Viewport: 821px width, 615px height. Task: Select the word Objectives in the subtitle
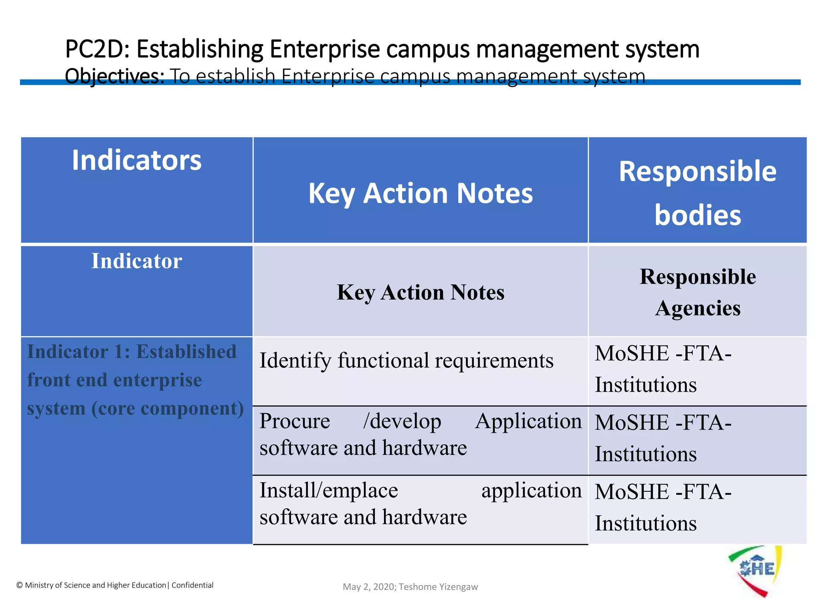pos(114,76)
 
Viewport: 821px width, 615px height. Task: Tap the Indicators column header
pos(137,161)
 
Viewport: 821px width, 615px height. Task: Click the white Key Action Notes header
pos(420,193)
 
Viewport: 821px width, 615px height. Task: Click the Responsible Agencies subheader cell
pos(697,292)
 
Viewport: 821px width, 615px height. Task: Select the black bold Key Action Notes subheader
pos(420,292)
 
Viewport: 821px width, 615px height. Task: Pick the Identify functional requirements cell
pos(406,360)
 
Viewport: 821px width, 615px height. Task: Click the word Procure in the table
pos(295,421)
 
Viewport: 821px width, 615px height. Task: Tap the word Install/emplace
pos(328,490)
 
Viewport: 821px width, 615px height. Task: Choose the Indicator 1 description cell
pos(135,380)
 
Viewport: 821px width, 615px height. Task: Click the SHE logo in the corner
pos(755,570)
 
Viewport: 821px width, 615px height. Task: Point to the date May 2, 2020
pos(369,587)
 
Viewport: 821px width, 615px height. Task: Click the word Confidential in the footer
pos(192,585)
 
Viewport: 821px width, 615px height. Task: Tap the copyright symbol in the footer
pos(20,585)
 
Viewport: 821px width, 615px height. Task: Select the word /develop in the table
pos(402,421)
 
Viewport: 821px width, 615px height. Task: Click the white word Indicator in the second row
pos(137,261)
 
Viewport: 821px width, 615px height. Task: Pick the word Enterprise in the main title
pos(324,49)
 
